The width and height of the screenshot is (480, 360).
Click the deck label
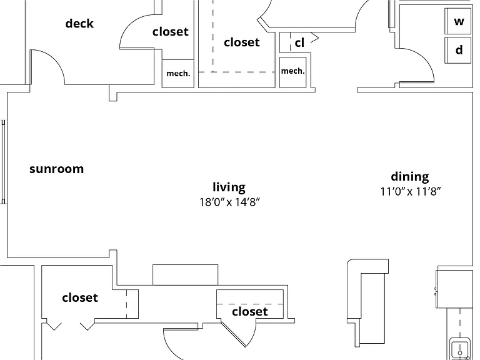click(79, 24)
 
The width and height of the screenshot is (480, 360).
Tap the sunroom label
click(57, 169)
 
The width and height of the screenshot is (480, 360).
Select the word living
click(229, 187)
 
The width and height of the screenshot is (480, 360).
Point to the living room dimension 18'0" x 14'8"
click(229, 202)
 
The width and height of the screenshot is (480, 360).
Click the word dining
click(410, 177)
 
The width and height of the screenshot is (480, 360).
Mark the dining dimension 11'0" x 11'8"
click(411, 192)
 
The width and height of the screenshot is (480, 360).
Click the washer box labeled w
click(457, 21)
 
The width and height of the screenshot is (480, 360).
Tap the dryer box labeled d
click(457, 50)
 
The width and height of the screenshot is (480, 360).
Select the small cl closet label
click(299, 43)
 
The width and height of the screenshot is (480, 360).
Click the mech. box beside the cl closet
click(293, 72)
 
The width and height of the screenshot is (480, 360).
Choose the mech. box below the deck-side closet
click(178, 74)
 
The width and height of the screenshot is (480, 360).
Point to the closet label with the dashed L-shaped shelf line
click(241, 42)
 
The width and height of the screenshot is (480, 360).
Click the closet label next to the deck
click(170, 31)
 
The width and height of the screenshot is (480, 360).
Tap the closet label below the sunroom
click(80, 297)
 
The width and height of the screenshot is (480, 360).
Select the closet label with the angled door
click(250, 312)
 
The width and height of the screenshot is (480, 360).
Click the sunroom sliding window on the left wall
click(3, 162)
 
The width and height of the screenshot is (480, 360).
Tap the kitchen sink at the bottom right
click(460, 349)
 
